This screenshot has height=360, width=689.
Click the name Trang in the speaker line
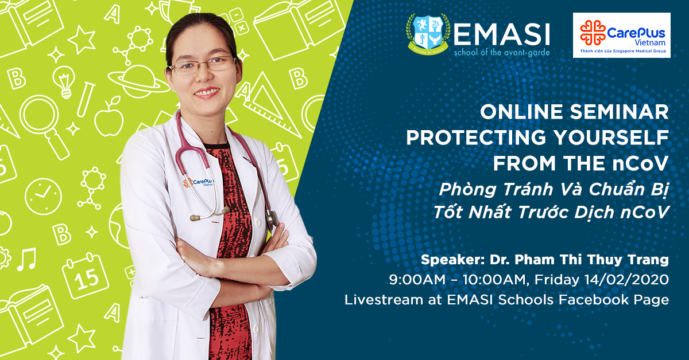[649, 260]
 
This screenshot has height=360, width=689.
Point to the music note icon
[26, 259]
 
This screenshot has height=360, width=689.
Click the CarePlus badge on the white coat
[199, 183]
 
